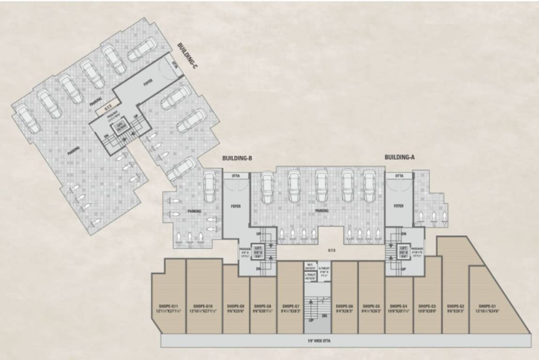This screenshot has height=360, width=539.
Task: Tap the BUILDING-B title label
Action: coord(237,158)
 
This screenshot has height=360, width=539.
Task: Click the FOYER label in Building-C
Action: coord(148,83)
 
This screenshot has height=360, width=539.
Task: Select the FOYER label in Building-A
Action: coord(399,206)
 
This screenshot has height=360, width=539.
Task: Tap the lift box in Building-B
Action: coord(258,250)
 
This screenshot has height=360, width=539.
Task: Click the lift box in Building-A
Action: coord(402,250)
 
